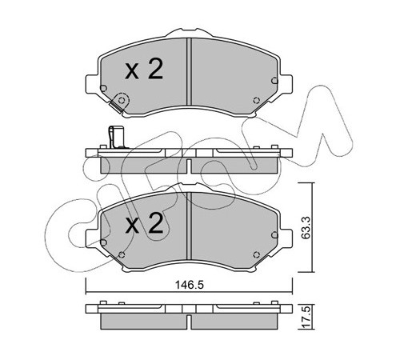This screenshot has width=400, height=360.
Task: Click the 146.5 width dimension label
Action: pos(190,285)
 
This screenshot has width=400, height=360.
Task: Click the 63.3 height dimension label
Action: pos(306,227)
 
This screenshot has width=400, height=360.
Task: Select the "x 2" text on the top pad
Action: pos(144,69)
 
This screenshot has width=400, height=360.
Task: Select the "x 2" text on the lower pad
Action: pos(144,223)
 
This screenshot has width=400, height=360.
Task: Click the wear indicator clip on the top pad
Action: pos(119,102)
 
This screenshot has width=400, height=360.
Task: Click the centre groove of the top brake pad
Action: pos(189,71)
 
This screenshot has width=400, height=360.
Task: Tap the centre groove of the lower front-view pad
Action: pos(189,226)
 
